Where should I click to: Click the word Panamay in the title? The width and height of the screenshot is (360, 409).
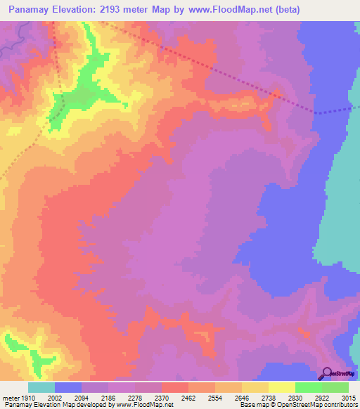[x=32, y=10]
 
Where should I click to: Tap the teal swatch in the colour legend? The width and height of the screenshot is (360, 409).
[x=41, y=387]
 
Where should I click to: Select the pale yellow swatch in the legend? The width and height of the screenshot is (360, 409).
[x=281, y=387]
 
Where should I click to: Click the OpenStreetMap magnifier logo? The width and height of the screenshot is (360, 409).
[x=325, y=373]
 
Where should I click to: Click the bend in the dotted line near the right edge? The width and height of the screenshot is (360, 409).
[x=316, y=112]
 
